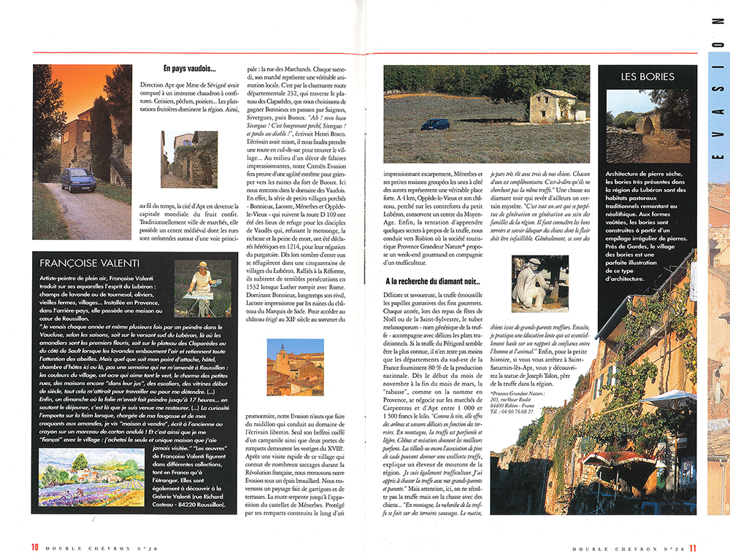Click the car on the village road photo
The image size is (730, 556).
78,178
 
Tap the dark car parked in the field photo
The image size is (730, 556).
435,124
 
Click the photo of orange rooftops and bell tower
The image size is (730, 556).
295,367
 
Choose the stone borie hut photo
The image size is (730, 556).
647,126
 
